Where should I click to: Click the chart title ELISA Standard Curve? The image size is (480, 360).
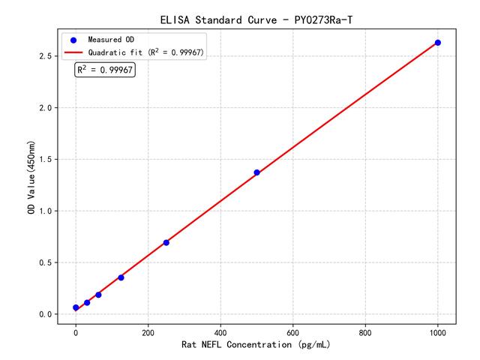[x=256, y=19]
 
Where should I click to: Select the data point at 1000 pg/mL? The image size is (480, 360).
[x=438, y=43]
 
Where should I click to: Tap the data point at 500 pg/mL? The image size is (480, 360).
[x=256, y=172]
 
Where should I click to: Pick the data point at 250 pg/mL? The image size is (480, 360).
[x=166, y=242]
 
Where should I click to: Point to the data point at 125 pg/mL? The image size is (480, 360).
[x=121, y=277]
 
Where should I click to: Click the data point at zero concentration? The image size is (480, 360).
[x=76, y=307]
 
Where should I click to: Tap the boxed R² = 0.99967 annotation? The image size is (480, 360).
[x=105, y=70]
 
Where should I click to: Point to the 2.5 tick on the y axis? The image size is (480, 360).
[x=47, y=56]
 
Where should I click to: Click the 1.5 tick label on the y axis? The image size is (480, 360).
[x=47, y=160]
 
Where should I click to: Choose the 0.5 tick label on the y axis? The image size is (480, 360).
[x=47, y=262]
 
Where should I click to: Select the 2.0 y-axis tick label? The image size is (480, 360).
[x=47, y=108]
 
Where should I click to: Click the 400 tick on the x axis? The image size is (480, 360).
[x=220, y=331]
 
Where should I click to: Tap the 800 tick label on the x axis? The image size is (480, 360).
[x=365, y=331]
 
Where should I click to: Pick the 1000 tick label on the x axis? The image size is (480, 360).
[x=438, y=331]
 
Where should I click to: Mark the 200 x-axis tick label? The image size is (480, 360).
[x=148, y=331]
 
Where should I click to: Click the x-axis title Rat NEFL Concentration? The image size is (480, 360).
[x=256, y=345]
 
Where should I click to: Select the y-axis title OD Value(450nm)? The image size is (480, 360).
[x=31, y=177]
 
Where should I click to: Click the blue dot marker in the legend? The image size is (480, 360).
[x=74, y=39]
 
